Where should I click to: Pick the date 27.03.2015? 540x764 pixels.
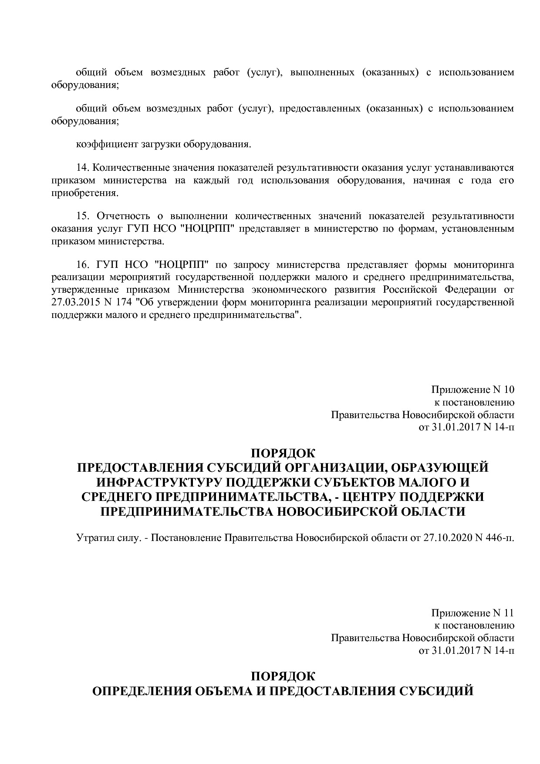point(72,302)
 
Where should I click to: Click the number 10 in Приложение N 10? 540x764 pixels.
point(509,389)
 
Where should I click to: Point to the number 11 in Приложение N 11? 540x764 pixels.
point(509,613)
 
